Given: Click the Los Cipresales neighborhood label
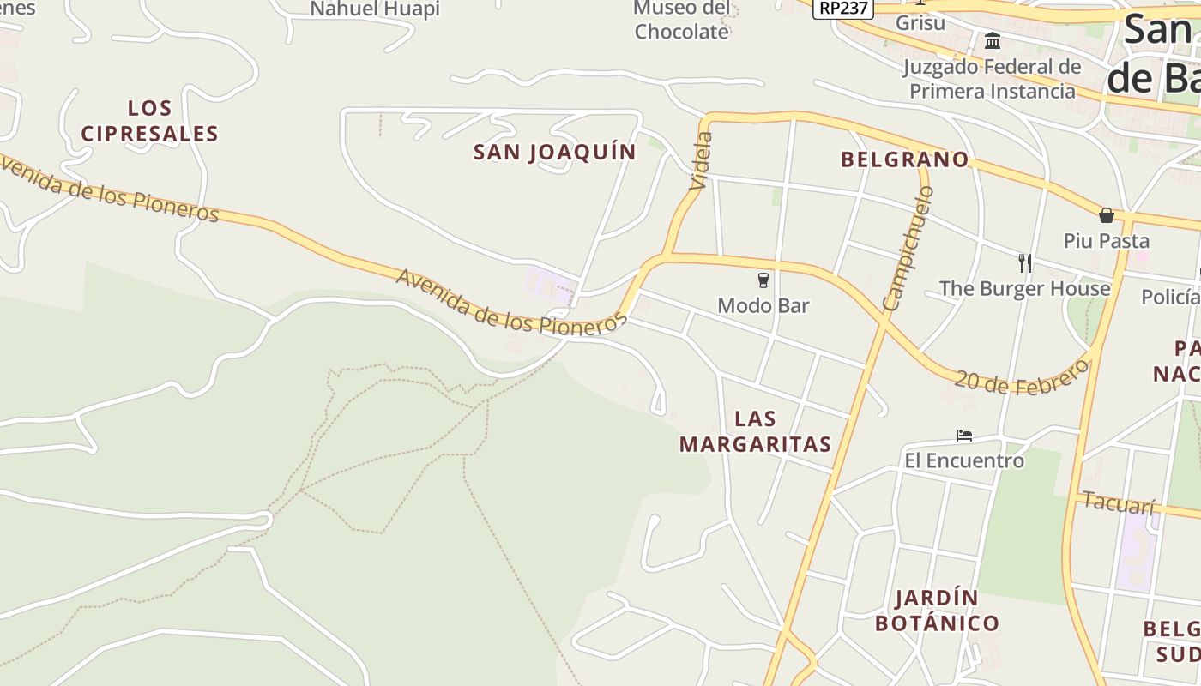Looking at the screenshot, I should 150,121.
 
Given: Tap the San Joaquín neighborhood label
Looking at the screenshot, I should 555,153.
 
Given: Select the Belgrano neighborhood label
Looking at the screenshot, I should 904,159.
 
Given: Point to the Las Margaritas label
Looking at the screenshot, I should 755,431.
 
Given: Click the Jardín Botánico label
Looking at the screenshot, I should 937,611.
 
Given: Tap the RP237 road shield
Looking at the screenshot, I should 842,8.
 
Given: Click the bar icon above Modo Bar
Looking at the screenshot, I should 763,280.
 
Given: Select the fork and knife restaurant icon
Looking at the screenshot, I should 1024,262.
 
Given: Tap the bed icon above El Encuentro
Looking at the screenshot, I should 964,436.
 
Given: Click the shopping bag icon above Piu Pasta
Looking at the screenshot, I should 1107,215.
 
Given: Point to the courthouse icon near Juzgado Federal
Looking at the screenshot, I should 993,40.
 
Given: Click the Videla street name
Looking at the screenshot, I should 701,160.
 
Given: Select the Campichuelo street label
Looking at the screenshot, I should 907,248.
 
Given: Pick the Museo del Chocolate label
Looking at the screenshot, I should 681,21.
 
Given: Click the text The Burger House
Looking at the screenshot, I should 1024,288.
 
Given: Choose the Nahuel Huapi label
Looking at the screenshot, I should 375,9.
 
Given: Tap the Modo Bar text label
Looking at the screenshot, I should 763,305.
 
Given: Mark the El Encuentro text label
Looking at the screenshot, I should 964,460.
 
